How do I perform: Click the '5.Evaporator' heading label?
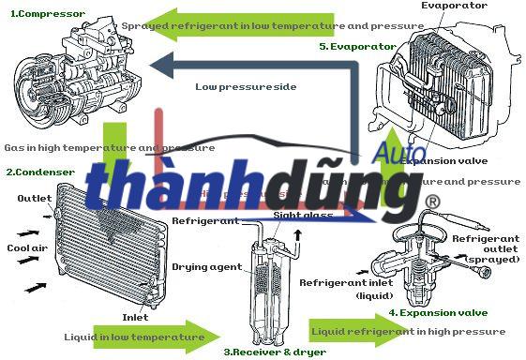[356, 46]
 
